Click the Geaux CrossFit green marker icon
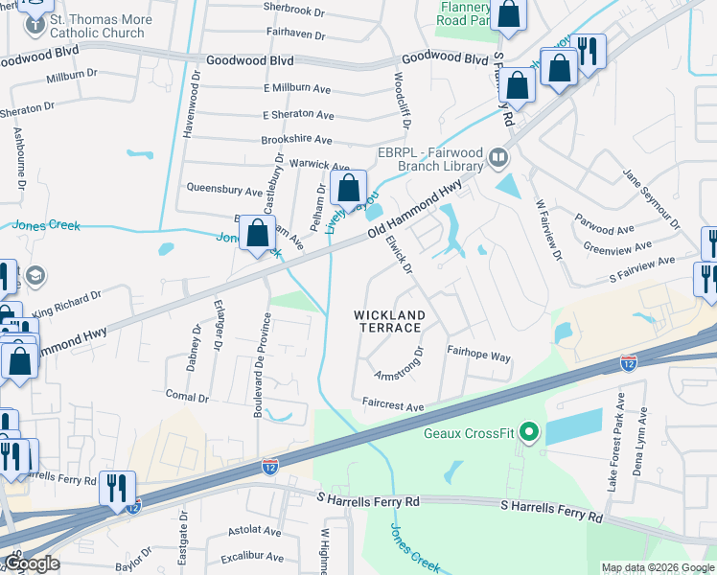tap(526, 433)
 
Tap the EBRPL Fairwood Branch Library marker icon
tap(497, 156)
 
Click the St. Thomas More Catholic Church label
tap(97, 26)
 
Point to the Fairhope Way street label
tap(478, 355)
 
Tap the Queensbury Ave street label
tap(224, 189)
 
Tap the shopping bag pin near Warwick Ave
tap(348, 187)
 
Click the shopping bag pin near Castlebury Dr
tap(257, 234)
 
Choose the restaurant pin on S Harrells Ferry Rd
tap(117, 489)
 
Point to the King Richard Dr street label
tap(66, 305)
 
